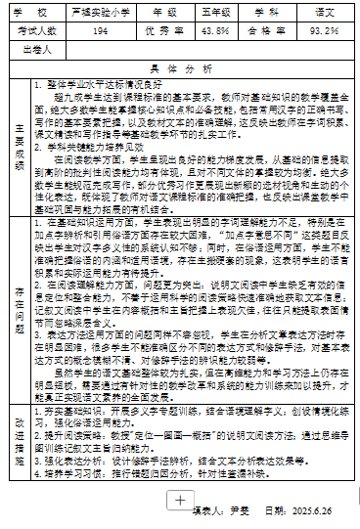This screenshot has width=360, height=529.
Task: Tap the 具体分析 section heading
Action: (x=180, y=69)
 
